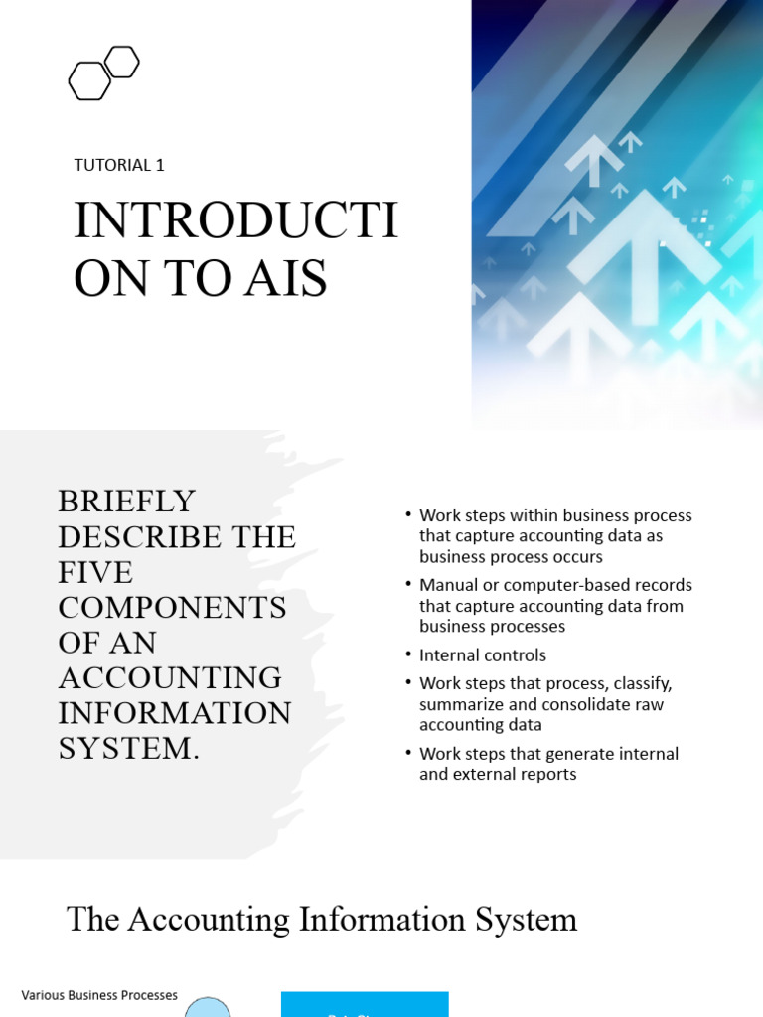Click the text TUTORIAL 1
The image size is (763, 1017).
[119, 165]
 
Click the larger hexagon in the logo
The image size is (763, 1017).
[89, 81]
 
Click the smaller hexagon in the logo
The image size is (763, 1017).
[121, 62]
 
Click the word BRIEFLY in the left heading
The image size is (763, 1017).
[126, 501]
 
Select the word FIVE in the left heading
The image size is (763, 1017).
[95, 572]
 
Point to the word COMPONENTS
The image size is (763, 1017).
[172, 607]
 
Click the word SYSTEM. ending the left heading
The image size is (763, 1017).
[129, 748]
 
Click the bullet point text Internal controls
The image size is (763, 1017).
[483, 655]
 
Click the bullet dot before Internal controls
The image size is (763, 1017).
[407, 654]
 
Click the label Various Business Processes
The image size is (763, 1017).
[99, 995]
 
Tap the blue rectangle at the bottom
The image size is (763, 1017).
[365, 1004]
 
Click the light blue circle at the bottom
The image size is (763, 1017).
[208, 1008]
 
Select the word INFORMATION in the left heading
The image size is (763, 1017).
[175, 713]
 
